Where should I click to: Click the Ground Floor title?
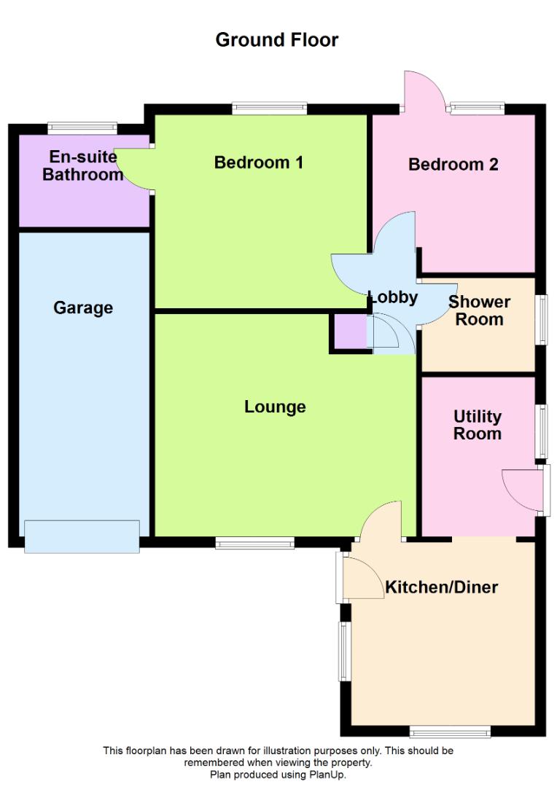(x=277, y=39)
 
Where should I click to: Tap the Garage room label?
(x=83, y=308)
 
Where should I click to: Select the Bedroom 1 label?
(x=259, y=162)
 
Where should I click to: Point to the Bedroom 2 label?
(x=453, y=164)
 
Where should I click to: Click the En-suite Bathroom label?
(x=83, y=165)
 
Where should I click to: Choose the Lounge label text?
(x=275, y=407)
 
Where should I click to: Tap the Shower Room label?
(x=479, y=310)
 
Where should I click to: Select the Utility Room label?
(x=477, y=425)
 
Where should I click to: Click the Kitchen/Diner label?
(x=442, y=587)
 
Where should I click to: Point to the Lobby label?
(x=393, y=297)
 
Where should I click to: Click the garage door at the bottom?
(x=82, y=536)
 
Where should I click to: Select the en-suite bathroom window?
(x=82, y=128)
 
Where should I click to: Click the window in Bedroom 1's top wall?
(x=270, y=108)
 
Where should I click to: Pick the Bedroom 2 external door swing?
(x=425, y=90)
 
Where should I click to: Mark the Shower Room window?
(x=541, y=320)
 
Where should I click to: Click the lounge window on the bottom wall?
(x=254, y=543)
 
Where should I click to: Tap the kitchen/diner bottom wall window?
(x=450, y=732)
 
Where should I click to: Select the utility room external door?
(x=526, y=490)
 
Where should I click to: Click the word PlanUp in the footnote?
(x=327, y=775)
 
